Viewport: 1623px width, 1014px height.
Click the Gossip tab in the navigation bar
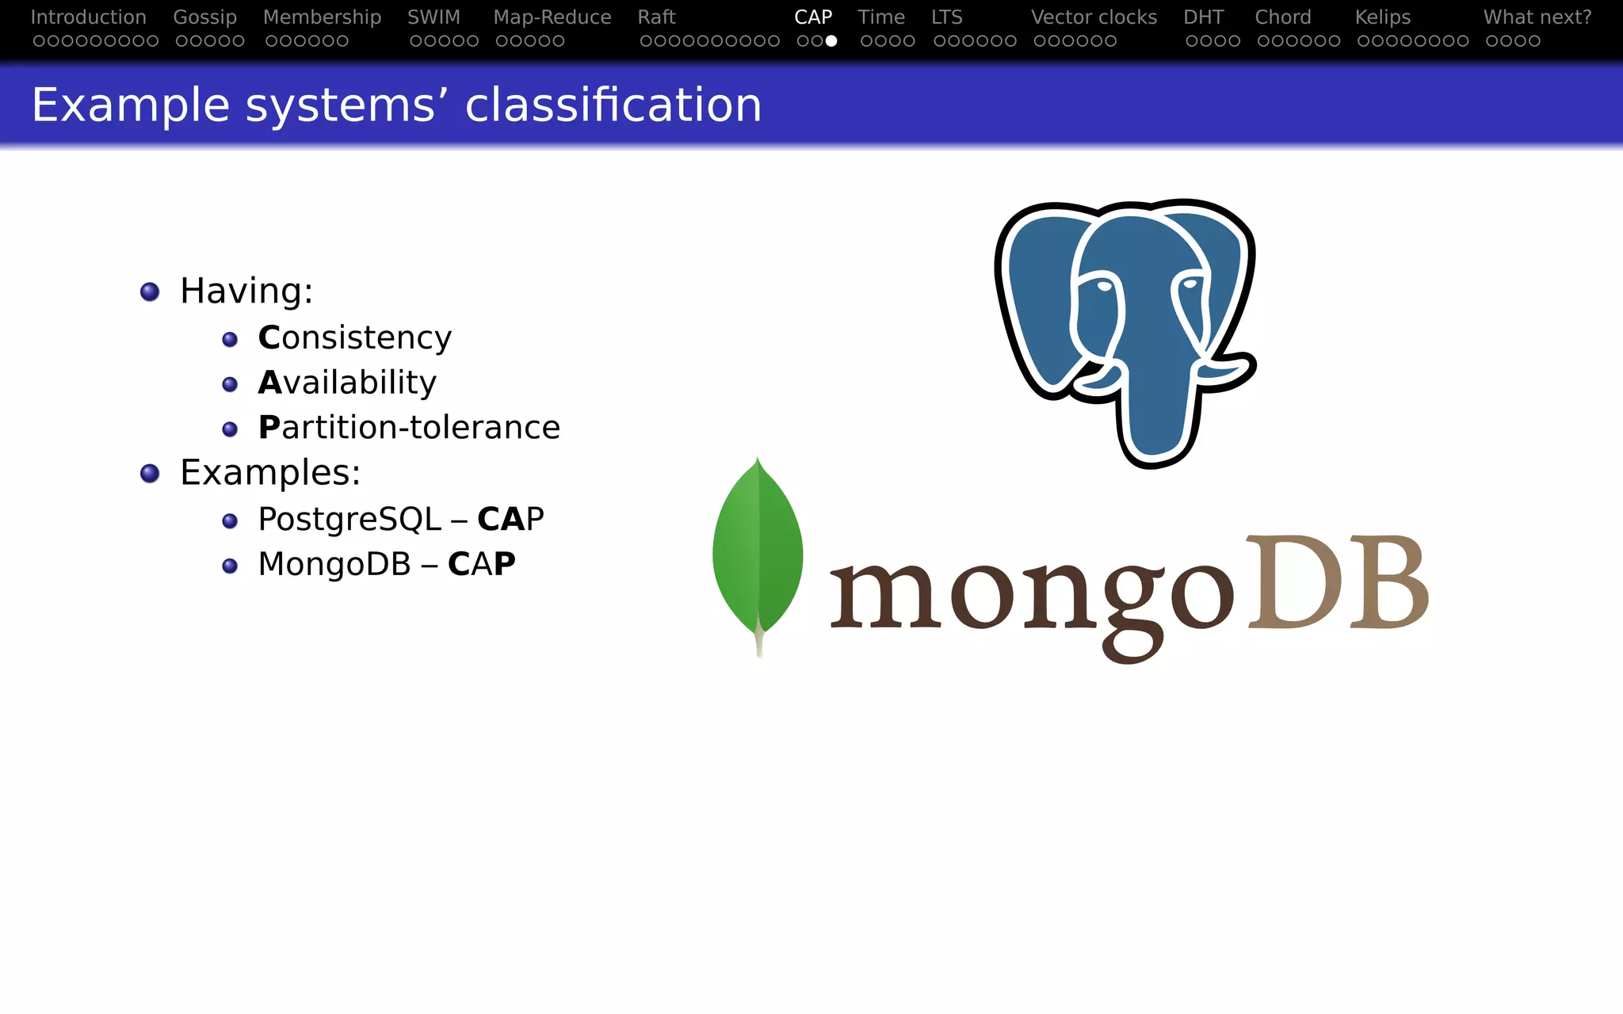pos(204,17)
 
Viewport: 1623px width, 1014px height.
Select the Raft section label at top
pos(656,17)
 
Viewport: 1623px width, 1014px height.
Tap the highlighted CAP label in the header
pos(813,17)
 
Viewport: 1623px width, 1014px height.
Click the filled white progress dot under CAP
pos(831,40)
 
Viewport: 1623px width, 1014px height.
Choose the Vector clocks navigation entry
pos(1094,17)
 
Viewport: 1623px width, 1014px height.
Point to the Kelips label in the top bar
pos(1382,17)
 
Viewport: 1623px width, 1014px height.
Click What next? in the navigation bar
pos(1537,17)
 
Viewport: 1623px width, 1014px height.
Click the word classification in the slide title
pos(613,105)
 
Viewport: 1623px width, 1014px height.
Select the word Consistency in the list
pos(354,338)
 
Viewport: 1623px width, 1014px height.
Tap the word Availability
pos(347,383)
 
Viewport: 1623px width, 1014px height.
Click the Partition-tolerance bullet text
pos(409,428)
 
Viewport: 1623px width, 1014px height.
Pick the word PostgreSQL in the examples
pos(349,520)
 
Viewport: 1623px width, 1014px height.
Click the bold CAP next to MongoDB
pos(481,564)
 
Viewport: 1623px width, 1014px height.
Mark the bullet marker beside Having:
pos(150,292)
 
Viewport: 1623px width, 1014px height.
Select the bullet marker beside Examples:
pos(150,474)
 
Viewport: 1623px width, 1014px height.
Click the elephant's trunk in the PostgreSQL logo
pos(1157,412)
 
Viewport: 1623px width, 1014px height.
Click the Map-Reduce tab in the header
pos(552,17)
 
